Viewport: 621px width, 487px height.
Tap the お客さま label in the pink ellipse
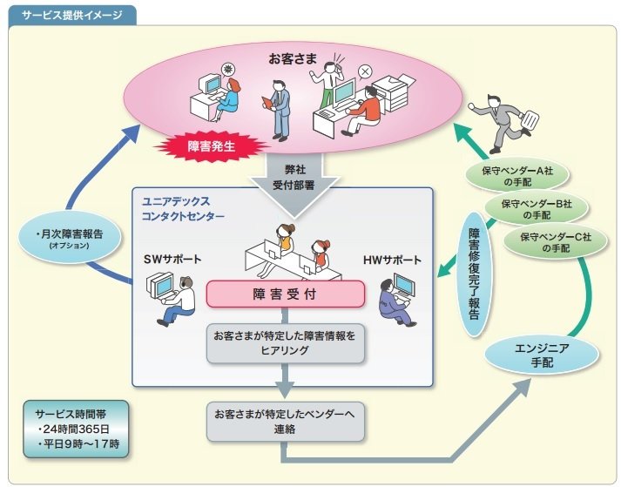(x=287, y=62)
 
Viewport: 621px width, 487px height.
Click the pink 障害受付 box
(x=285, y=294)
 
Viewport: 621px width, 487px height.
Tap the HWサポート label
(x=392, y=260)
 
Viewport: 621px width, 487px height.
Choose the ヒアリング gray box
(x=284, y=343)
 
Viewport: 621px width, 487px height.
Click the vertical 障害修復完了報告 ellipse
(x=474, y=274)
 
